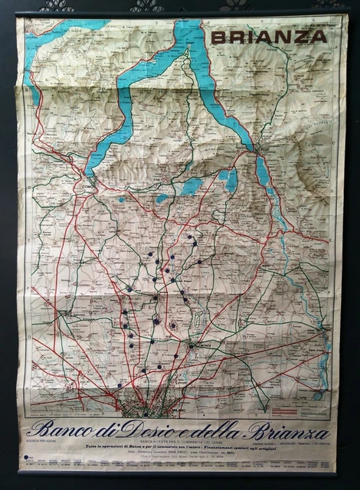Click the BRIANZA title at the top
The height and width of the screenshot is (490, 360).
coord(269,36)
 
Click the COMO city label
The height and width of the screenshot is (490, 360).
coord(86,185)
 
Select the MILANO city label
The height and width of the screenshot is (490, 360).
coord(146,414)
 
